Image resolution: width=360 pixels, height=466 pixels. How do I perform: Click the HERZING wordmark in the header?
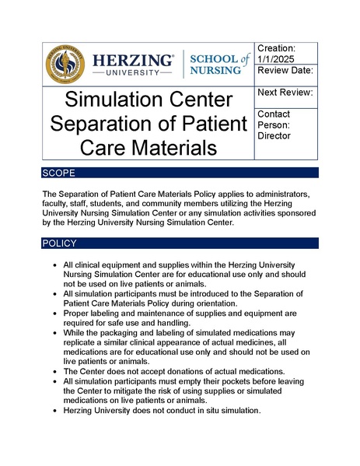pyautogui.click(x=132, y=59)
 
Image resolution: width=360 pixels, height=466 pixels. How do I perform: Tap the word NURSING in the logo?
pyautogui.click(x=222, y=72)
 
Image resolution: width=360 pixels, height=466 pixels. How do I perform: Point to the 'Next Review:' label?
pyautogui.click(x=286, y=93)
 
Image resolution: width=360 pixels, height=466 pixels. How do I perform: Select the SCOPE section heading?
pyautogui.click(x=59, y=173)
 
